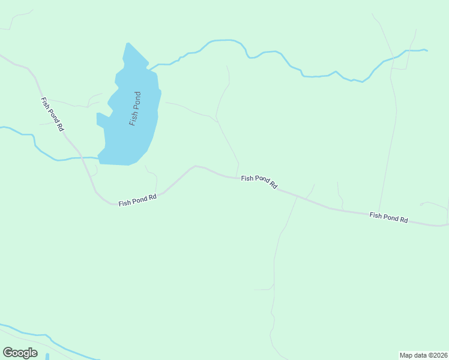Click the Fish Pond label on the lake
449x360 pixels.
[135, 109]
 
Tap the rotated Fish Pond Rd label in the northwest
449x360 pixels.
[52, 114]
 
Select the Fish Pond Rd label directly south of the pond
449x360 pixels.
[137, 200]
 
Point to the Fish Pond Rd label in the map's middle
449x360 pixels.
[259, 182]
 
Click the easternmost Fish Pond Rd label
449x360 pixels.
[388, 217]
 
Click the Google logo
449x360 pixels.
[20, 353]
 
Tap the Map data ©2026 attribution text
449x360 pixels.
[424, 355]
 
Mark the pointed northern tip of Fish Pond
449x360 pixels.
[127, 44]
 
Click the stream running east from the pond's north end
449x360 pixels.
[264, 53]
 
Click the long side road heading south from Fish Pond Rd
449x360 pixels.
[276, 258]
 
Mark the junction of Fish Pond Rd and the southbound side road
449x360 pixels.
[297, 196]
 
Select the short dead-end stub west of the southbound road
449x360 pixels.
[263, 290]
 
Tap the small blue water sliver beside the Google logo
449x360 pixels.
[47, 356]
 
